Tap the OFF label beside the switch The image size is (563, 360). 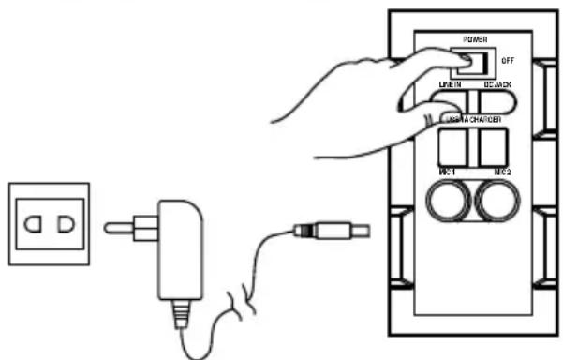[x=507, y=59]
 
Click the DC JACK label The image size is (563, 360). [x=496, y=85]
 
